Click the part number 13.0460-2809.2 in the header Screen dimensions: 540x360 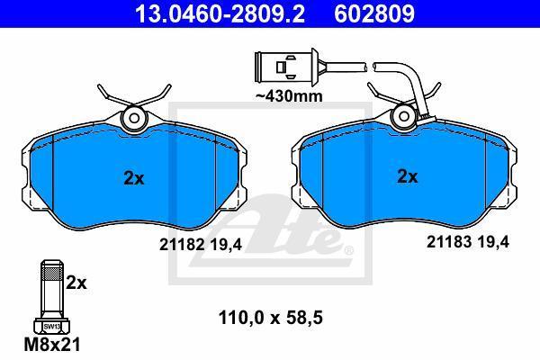[x=220, y=14]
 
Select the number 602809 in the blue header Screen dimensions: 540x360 [x=374, y=14]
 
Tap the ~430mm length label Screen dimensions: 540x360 [x=289, y=96]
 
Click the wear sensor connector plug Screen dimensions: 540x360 [x=286, y=67]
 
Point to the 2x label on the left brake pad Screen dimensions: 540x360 [x=134, y=178]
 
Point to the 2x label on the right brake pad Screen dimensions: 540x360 [x=408, y=176]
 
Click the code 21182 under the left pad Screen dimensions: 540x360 [x=182, y=245]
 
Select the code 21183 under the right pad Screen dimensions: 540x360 [x=449, y=242]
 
